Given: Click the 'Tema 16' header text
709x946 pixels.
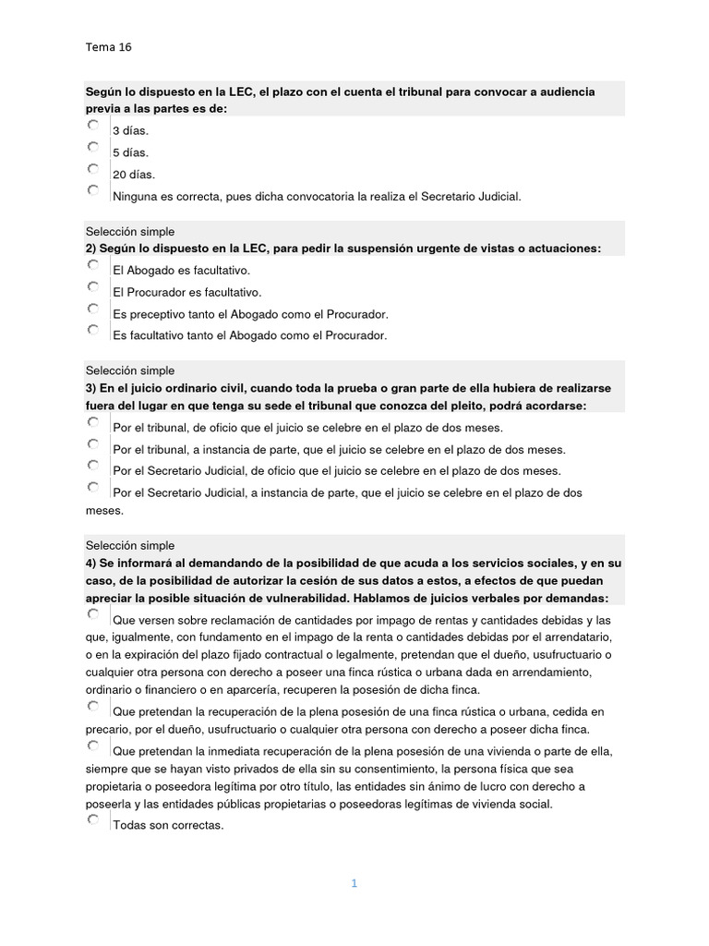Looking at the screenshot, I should point(109,45).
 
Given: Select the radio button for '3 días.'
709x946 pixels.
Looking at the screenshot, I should point(93,125).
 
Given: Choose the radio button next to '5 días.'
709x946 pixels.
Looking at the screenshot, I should point(93,147).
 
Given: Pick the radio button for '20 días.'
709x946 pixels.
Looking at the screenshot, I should point(93,169).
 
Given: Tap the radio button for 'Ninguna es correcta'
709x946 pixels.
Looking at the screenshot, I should point(93,190).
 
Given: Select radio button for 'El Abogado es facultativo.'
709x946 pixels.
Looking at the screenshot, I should point(93,265).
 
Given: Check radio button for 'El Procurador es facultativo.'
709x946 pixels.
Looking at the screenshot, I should point(93,287).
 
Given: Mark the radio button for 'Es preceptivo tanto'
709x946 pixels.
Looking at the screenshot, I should point(93,309).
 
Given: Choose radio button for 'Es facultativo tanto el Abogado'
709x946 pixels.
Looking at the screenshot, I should point(93,330).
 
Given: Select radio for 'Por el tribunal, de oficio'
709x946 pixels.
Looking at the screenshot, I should point(93,422).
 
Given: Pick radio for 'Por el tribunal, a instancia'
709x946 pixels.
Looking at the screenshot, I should point(93,444).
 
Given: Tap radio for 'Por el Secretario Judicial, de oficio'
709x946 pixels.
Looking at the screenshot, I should point(93,466).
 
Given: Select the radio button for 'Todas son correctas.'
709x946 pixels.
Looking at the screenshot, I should point(93,819).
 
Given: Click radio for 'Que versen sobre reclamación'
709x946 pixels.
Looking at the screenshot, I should point(93,613).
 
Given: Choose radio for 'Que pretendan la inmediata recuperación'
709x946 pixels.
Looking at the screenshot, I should point(93,745).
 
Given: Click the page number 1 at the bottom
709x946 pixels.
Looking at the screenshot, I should point(354,883).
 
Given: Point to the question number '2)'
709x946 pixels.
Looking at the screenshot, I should point(90,249).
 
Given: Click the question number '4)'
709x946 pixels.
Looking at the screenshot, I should point(90,563).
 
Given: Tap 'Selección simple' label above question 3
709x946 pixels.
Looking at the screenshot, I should point(129,370).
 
